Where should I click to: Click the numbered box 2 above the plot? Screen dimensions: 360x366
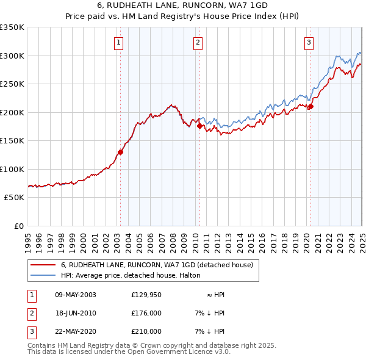(198, 42)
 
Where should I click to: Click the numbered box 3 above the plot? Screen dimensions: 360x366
(309, 42)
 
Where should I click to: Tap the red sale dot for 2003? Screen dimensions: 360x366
(121, 153)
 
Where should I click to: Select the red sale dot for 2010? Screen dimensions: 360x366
(199, 126)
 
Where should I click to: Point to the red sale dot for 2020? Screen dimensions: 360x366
(310, 107)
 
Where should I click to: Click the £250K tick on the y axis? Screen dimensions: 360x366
(12, 84)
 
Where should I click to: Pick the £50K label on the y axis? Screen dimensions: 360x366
(15, 198)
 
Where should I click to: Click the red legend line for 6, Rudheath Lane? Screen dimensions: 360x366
(43, 265)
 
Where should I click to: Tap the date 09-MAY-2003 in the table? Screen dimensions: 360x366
(76, 295)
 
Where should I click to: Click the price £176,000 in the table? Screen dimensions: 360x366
(146, 313)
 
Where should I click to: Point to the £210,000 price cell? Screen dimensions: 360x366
(146, 331)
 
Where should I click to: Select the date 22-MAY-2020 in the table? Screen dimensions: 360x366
(76, 331)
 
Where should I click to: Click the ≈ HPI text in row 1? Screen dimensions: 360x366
(215, 295)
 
